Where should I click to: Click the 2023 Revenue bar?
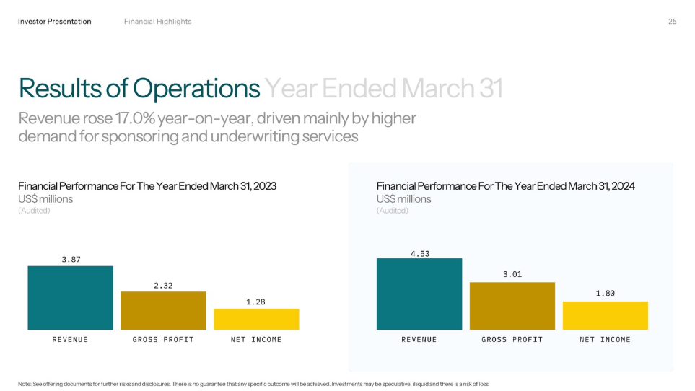(x=70, y=298)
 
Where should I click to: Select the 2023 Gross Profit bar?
(x=163, y=310)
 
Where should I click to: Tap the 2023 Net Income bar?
(x=256, y=319)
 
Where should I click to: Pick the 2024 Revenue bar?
(x=419, y=294)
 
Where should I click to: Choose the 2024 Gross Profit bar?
(x=512, y=306)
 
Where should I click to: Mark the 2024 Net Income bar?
(x=605, y=315)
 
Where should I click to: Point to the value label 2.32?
(x=163, y=286)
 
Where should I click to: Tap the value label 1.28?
(x=256, y=302)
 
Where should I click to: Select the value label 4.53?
(x=419, y=252)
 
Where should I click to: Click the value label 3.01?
(x=512, y=275)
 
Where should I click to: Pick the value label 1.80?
(x=605, y=294)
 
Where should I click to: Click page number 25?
(x=672, y=22)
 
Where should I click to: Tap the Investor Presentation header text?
(x=55, y=22)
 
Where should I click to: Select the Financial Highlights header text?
(x=157, y=22)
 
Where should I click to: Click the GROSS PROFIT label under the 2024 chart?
(x=512, y=339)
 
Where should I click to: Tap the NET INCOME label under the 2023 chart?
(x=256, y=339)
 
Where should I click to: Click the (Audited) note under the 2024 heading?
(x=392, y=211)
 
